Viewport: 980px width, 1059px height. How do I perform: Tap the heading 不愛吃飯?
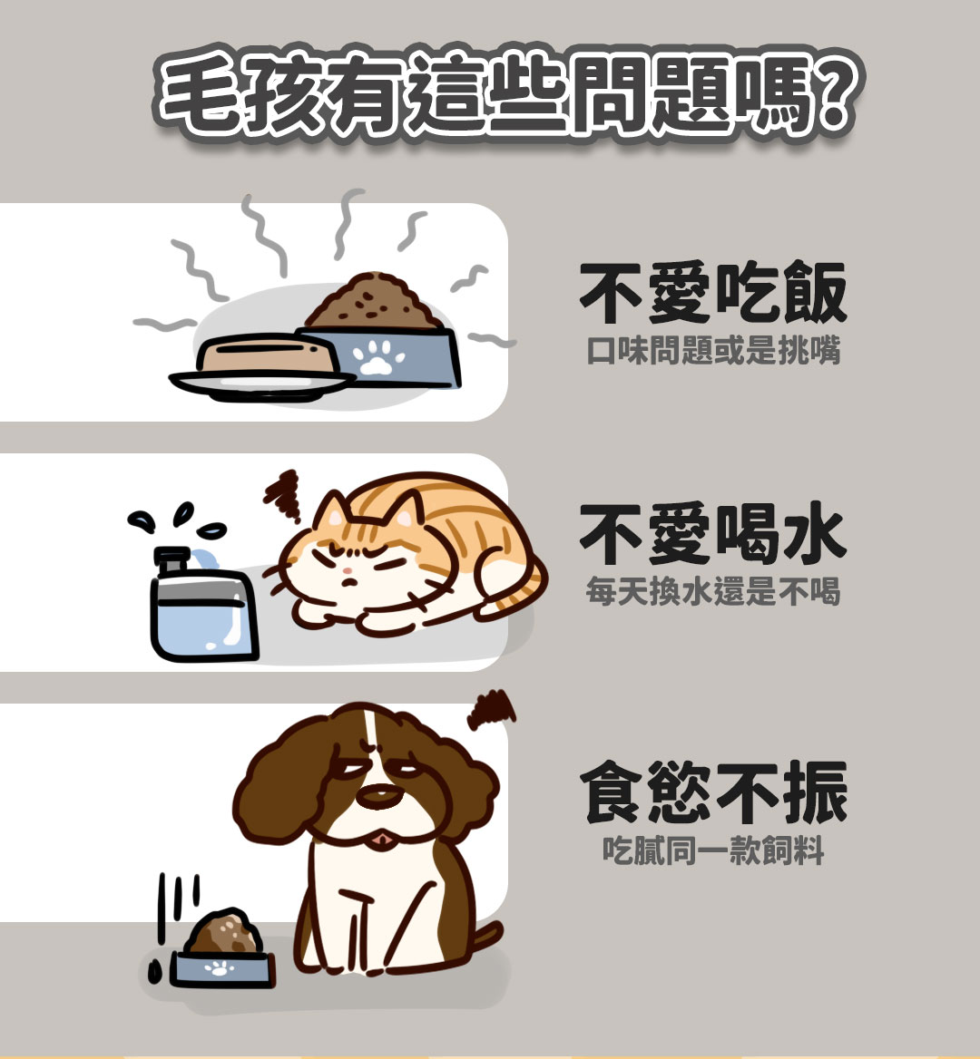pyautogui.click(x=713, y=293)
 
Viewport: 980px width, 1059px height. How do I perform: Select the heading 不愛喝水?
pyautogui.click(x=713, y=533)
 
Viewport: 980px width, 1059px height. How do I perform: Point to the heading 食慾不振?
pyautogui.click(x=713, y=792)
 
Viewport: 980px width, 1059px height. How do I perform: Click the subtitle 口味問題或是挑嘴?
pyautogui.click(x=713, y=351)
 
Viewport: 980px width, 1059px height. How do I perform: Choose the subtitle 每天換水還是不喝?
pyautogui.click(x=713, y=591)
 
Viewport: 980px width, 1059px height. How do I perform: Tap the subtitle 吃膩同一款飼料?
pyautogui.click(x=713, y=850)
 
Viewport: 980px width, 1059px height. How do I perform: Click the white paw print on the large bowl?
pyautogui.click(x=378, y=357)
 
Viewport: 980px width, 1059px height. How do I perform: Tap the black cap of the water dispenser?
pyautogui.click(x=171, y=560)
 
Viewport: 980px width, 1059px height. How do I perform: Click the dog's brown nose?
pyautogui.click(x=379, y=796)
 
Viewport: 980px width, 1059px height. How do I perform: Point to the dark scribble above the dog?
pyautogui.click(x=491, y=710)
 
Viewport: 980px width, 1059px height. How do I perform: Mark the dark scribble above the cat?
pyautogui.click(x=283, y=495)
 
